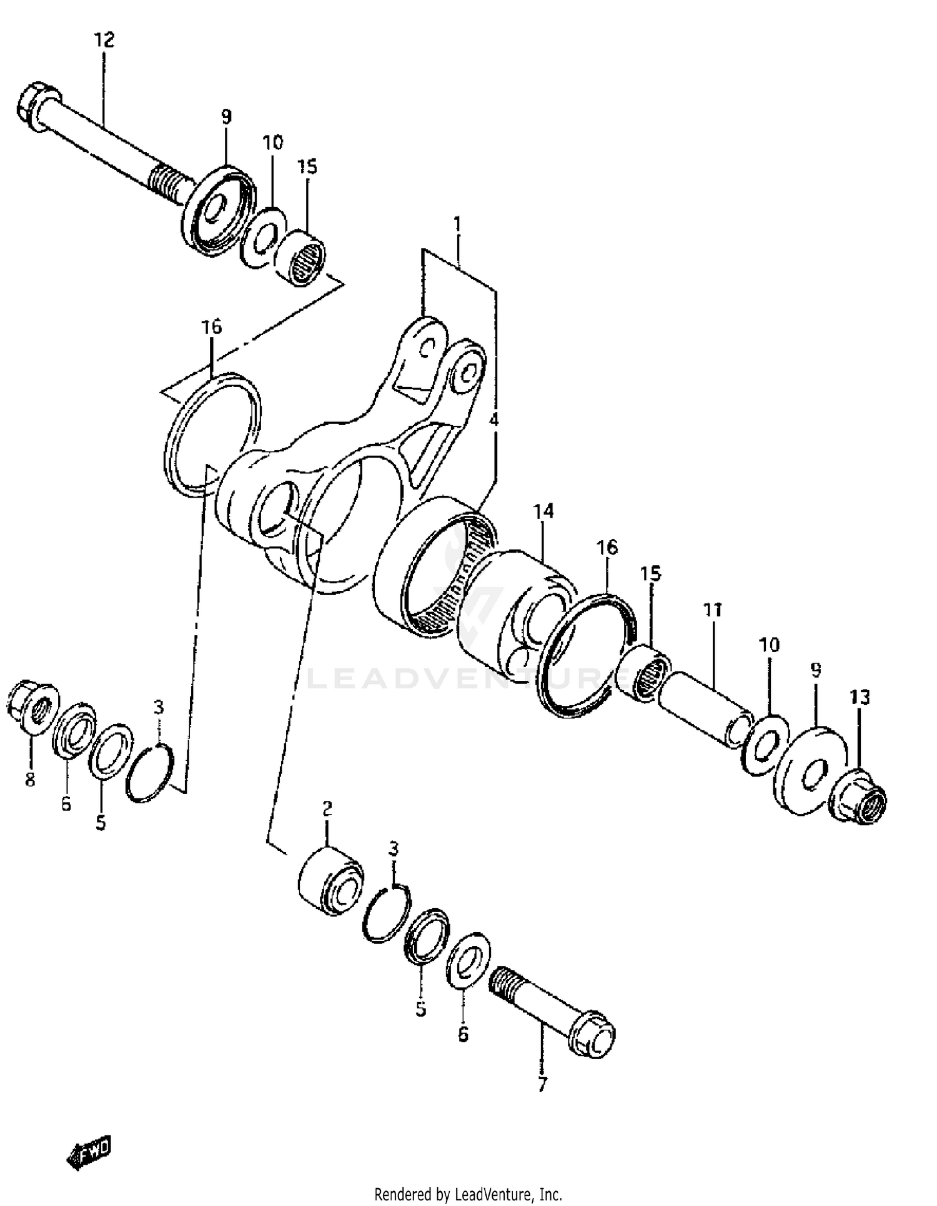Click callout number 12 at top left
[x=104, y=41]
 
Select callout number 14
[x=543, y=512]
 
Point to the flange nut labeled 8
[x=33, y=708]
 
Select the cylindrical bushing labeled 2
[x=330, y=882]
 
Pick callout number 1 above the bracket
[x=458, y=224]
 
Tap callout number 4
[x=493, y=420]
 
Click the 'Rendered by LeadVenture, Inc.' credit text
[x=468, y=1194]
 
